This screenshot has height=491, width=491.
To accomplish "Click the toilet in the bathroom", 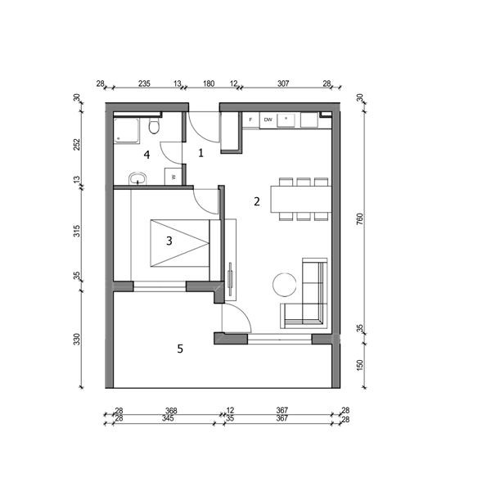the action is click(x=154, y=125).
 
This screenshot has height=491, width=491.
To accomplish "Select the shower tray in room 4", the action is click(x=127, y=131).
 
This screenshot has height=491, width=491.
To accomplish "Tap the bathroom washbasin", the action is click(x=137, y=178).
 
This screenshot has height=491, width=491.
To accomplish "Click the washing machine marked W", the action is click(x=173, y=177).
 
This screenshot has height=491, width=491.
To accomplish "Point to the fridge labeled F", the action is click(x=251, y=120).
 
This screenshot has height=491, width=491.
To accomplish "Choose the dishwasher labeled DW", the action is click(x=268, y=120).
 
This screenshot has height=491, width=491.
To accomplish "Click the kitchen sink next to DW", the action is click(x=286, y=120).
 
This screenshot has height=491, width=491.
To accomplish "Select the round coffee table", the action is click(x=284, y=285).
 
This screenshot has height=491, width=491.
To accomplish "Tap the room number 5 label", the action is click(x=180, y=349).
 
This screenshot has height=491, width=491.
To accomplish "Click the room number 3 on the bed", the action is click(x=169, y=241).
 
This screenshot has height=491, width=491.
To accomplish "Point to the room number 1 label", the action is click(x=201, y=153).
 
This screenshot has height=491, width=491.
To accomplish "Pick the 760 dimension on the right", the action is click(x=360, y=218).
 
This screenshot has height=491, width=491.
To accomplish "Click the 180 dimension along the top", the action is click(x=209, y=83).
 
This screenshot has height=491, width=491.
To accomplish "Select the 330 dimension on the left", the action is click(x=77, y=339).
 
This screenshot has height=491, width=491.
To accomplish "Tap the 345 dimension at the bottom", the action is click(x=168, y=418).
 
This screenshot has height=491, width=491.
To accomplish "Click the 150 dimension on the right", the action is click(x=360, y=365).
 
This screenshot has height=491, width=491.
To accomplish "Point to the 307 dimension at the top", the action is click(x=283, y=83).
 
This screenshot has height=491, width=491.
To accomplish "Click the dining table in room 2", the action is click(x=301, y=199).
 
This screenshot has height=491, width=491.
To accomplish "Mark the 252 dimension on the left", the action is click(x=77, y=144).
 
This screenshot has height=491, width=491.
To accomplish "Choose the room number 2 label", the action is click(x=257, y=201).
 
